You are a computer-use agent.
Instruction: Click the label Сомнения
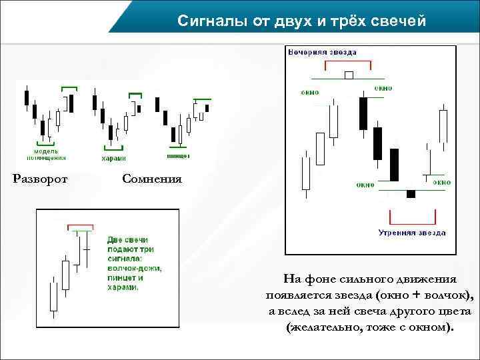(152, 179)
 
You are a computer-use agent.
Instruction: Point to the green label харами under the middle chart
(113, 158)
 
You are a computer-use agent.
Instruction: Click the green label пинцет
(179, 155)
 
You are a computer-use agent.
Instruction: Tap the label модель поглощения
(46, 154)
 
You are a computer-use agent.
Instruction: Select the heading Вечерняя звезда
(323, 52)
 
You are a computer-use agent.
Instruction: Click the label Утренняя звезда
(412, 233)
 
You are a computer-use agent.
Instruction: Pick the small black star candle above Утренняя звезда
(411, 194)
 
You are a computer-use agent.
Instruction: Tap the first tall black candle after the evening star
(363, 113)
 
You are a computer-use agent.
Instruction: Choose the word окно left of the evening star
(309, 92)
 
